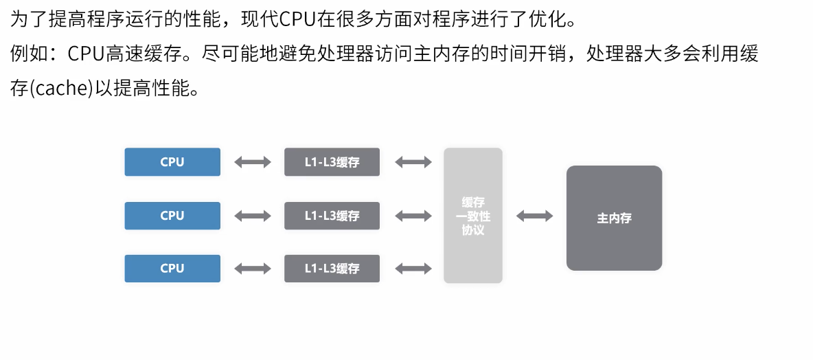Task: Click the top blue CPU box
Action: click(x=172, y=162)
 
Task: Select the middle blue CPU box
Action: click(x=172, y=216)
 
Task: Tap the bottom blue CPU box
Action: click(x=172, y=269)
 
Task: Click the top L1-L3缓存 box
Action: click(x=332, y=162)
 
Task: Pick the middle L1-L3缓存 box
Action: click(x=332, y=216)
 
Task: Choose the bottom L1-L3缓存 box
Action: click(x=332, y=269)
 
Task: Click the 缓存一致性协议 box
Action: click(x=473, y=216)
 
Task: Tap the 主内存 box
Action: click(x=614, y=218)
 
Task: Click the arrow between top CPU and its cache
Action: click(x=253, y=162)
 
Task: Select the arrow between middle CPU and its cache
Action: click(x=253, y=216)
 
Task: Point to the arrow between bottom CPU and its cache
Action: click(x=253, y=269)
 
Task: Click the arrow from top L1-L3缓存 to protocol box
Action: click(x=413, y=162)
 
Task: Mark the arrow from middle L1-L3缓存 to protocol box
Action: click(x=413, y=216)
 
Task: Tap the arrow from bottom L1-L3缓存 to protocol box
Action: click(x=413, y=269)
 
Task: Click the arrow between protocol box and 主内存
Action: click(x=534, y=216)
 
